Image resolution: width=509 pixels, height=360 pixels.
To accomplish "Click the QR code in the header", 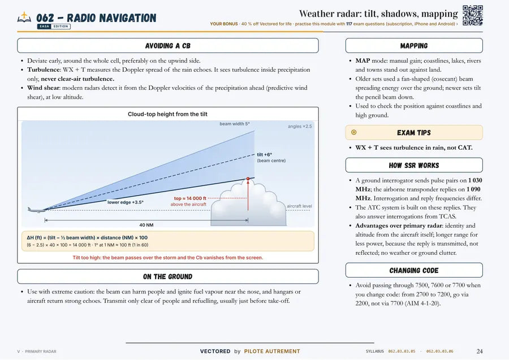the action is coord(473,15).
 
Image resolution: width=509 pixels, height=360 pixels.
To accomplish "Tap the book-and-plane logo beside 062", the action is coord(24,17).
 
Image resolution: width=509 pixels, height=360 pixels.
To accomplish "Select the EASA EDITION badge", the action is coord(54,27).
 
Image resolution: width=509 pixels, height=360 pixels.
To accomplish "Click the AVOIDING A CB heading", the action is coord(168,46).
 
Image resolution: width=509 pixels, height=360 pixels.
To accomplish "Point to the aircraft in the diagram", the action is coord(37,210).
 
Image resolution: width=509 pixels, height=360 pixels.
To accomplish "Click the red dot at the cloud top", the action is coord(248,179).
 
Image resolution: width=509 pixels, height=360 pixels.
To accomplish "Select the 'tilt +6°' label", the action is coord(265,155).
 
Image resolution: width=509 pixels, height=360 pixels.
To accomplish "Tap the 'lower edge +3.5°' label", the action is coord(126,202).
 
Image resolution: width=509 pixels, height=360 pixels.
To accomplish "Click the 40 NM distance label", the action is coord(146,225).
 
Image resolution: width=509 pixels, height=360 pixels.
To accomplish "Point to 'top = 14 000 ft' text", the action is coord(190,198).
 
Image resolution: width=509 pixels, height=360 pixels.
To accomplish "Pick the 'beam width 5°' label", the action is coord(235,124).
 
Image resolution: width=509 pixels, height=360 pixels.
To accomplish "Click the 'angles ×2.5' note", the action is coord(300,126).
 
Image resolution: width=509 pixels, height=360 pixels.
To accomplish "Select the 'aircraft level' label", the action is coord(299,206).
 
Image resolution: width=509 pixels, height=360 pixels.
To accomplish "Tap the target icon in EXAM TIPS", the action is coord(354,132).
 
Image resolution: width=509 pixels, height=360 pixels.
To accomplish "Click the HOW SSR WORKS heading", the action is coord(414,166).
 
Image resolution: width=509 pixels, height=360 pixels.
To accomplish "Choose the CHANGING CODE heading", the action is coord(414,271).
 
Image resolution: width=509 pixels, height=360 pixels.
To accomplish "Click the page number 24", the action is coord(480,352).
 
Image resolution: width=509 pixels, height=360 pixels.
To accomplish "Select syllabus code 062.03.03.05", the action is coord(402,352).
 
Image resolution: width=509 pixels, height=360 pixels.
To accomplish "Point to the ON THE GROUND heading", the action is coord(168,277).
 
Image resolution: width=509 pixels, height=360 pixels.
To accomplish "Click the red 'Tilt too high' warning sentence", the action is coord(168,258).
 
